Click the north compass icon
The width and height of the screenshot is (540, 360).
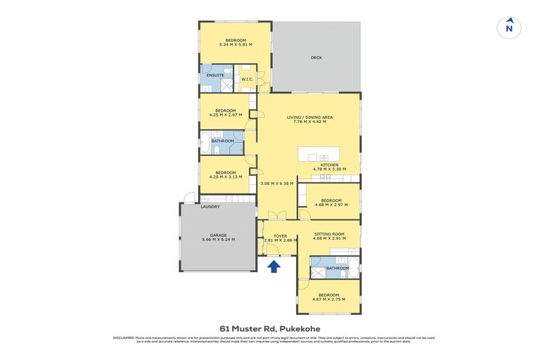coord(509,27)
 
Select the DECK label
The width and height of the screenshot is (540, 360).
coord(316,58)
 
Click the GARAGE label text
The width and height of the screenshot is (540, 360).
coord(217,236)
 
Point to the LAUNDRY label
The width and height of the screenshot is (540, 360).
coord(210,207)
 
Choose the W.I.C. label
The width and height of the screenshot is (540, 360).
coord(247,79)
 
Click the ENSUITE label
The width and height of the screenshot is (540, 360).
coord(215,75)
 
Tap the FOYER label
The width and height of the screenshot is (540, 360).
coord(280,236)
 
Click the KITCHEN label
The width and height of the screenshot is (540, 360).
coord(330,165)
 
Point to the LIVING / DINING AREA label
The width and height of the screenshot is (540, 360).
coord(309,117)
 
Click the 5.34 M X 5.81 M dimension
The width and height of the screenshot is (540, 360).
coord(236,45)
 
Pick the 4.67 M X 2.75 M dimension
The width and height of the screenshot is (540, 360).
coord(329,300)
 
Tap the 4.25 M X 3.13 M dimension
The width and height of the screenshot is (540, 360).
coord(225,177)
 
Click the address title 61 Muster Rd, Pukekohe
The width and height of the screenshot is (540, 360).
coord(270,328)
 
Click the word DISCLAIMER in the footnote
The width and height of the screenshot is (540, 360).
coord(123,337)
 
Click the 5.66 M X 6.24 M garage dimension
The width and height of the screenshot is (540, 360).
coord(217,240)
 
